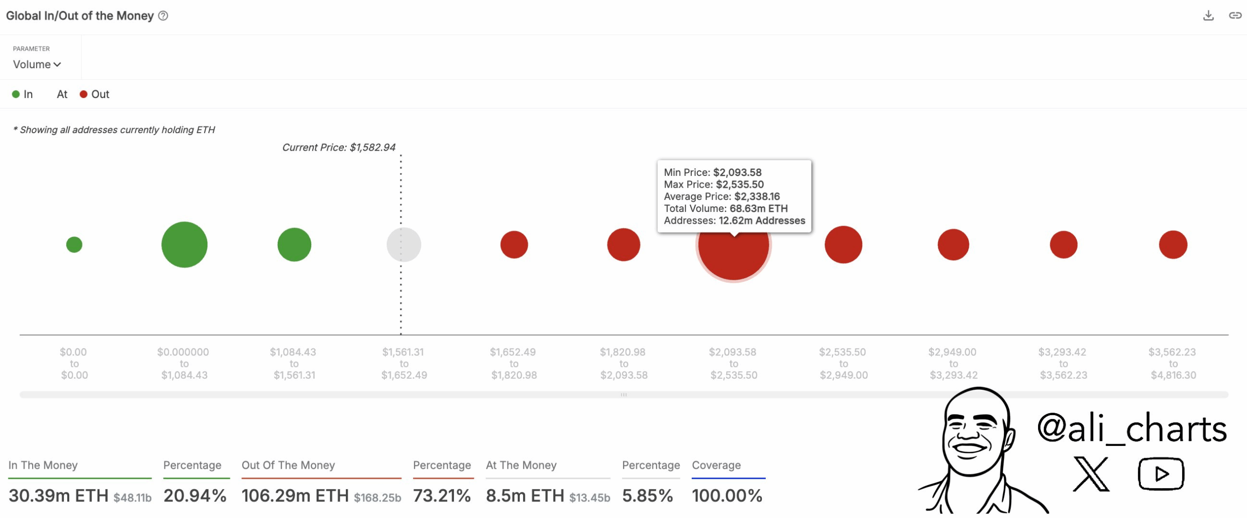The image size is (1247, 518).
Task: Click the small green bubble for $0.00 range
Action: [x=74, y=245]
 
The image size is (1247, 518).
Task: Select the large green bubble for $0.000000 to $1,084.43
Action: [x=184, y=245]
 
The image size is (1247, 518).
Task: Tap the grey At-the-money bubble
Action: [x=404, y=245]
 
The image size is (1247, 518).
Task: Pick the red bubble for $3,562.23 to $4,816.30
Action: [x=1173, y=245]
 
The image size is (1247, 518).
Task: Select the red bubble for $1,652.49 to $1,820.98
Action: [x=514, y=245]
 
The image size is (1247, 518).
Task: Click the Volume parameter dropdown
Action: [x=37, y=64]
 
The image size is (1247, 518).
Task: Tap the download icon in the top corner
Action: [x=1208, y=16]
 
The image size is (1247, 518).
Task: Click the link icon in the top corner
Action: [x=1235, y=16]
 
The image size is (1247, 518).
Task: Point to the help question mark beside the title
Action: [x=163, y=16]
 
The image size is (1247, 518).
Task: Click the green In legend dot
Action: [x=16, y=94]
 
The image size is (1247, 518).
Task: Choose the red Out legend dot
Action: [x=83, y=94]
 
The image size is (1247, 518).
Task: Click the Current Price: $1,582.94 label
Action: [x=339, y=147]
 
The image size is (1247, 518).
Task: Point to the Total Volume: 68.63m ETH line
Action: [x=725, y=209]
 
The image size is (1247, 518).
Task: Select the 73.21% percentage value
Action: [x=442, y=496]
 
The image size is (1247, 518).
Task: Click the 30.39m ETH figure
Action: [x=58, y=496]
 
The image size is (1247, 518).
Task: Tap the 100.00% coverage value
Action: [x=727, y=496]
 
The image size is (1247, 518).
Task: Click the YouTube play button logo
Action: [x=1161, y=473]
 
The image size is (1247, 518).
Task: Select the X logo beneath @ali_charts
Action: [x=1091, y=474]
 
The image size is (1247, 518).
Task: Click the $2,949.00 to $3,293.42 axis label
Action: [x=953, y=364]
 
